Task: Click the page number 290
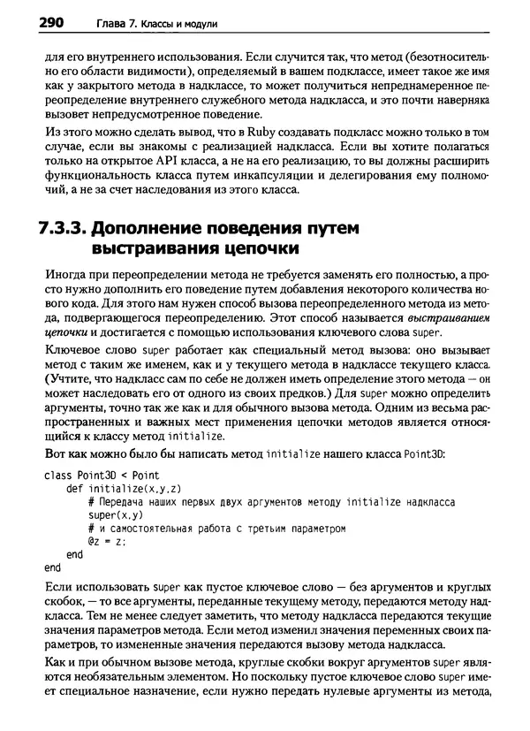(x=32, y=19)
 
